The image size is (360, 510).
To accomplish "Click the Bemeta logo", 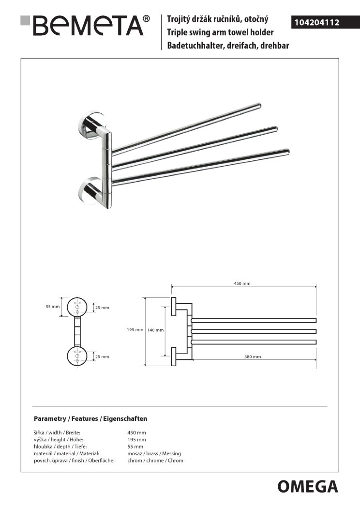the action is pos(85,25).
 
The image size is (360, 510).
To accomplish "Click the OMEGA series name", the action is pos(308,487).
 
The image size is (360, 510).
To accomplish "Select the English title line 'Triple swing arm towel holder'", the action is pos(220,32).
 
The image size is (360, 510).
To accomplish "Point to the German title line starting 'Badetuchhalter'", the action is pos(228,46).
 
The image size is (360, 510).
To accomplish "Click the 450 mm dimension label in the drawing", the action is pos(242,283).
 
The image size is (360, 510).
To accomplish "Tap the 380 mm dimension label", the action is pos(253,356).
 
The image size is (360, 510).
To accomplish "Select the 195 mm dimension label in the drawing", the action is pos(135,329).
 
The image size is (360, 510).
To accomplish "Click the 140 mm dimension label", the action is pos(155,330).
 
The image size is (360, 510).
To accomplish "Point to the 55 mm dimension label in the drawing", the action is pos(53,307).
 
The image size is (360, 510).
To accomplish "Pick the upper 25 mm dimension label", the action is pos(102,308).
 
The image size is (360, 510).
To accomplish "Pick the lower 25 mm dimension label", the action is pos(102,356).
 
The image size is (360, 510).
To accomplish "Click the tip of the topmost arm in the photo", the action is pos(259,105).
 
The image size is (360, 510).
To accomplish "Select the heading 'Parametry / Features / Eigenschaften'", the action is pos(90,418).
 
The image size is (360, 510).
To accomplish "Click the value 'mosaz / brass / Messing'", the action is pos(154,453).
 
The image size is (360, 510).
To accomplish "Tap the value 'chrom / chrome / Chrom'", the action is pos(155,460).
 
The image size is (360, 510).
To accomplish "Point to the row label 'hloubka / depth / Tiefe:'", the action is pos(60,447).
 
